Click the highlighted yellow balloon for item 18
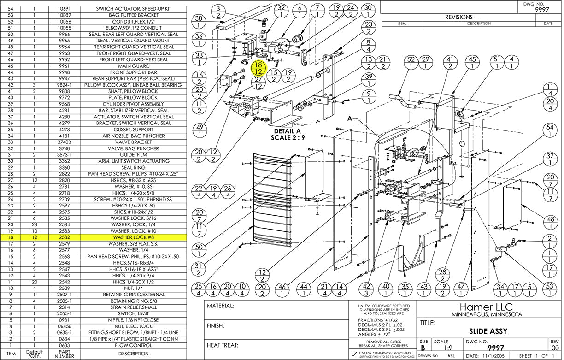pyautogui.click(x=258, y=69)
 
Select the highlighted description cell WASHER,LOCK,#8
pyautogui.click(x=135, y=237)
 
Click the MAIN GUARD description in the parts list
pyautogui.click(x=135, y=66)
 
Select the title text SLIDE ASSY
pyautogui.click(x=488, y=331)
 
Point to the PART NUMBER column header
pyautogui.click(x=64, y=354)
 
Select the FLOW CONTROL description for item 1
pyautogui.click(x=135, y=345)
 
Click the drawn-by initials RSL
pyautogui.click(x=451, y=356)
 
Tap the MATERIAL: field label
pyautogui.click(x=221, y=306)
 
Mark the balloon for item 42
pyautogui.click(x=367, y=290)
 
